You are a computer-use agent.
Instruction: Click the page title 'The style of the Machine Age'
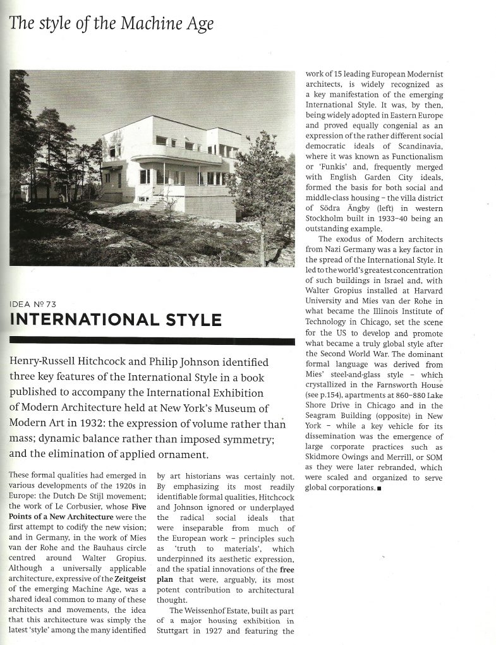coord(112,24)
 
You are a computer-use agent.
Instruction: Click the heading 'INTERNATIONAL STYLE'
coord(116,319)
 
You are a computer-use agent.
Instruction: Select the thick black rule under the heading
coord(152,342)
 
